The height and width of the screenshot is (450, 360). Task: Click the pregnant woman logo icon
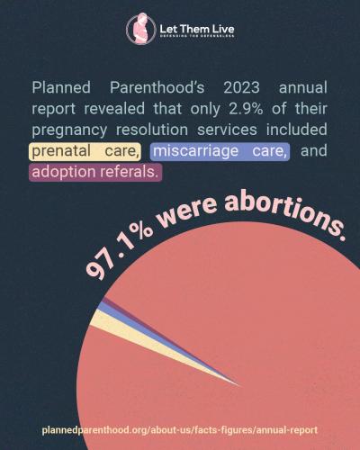click(140, 30)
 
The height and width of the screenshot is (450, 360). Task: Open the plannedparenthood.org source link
click(179, 430)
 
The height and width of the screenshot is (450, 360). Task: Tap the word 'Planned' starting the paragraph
click(61, 88)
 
